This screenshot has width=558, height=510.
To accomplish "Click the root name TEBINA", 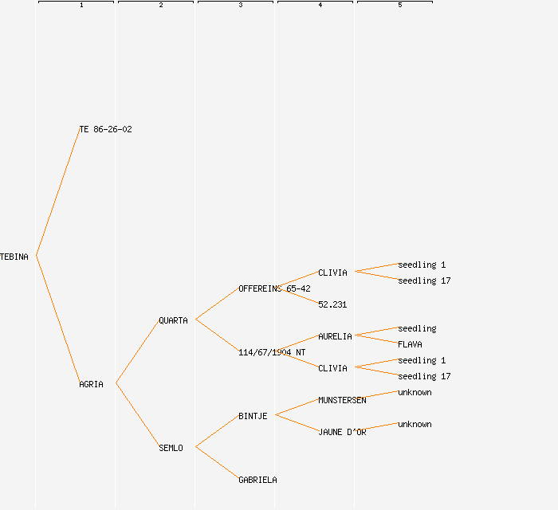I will (14, 257).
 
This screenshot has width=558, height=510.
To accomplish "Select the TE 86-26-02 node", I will (105, 129).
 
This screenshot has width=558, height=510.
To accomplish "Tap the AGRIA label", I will (91, 384).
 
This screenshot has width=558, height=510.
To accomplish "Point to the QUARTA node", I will (173, 320).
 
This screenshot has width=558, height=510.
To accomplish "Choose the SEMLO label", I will (171, 448).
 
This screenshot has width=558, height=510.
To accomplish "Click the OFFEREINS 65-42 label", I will (274, 288).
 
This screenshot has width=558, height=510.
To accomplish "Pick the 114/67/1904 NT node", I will (272, 352).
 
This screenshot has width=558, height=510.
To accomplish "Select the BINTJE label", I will (253, 416).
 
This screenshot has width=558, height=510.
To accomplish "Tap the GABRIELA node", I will (257, 480).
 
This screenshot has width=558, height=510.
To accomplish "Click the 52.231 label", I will (332, 304).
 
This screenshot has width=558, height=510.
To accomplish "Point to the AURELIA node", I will (335, 336).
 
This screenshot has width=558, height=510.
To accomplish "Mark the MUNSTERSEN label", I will (342, 400).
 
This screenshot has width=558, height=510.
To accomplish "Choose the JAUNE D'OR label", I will (342, 432).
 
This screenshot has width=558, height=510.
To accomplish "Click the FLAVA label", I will (410, 344).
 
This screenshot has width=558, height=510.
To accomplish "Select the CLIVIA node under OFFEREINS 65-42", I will (332, 273).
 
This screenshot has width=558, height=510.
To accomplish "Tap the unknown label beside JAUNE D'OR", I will (415, 424).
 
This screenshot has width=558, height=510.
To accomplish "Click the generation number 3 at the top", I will (240, 6).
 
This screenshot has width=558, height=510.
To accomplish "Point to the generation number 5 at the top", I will (399, 6).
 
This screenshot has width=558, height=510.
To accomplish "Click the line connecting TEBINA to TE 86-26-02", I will (57, 192).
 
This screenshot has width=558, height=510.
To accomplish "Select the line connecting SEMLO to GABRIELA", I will (217, 463).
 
